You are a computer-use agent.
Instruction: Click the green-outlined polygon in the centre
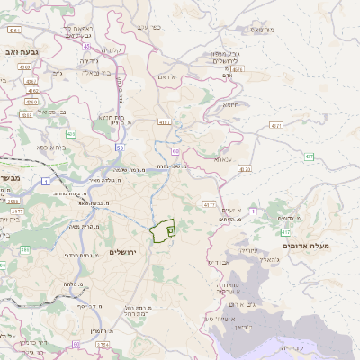(163, 231)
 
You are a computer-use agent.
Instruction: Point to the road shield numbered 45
(86, 45)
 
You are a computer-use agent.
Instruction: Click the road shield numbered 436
(71, 134)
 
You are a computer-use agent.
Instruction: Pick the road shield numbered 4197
(163, 121)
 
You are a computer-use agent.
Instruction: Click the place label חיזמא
(230, 104)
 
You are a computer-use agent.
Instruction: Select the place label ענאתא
(221, 159)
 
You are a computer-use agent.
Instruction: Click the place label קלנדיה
(112, 49)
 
